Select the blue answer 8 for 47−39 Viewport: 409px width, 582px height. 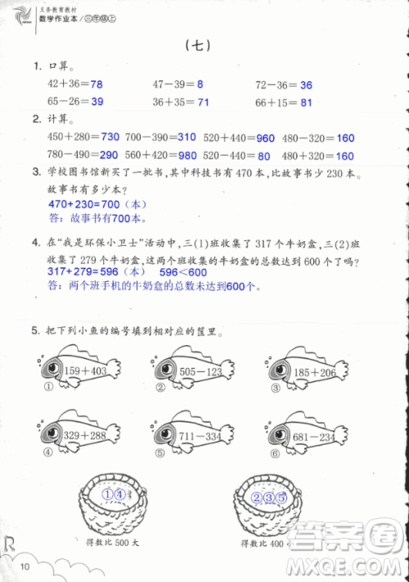pos(200,84)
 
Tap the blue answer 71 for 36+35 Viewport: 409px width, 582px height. pos(204,102)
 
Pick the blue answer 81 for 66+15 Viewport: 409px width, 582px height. pos(306,102)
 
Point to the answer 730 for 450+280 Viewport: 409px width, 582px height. pos(110,137)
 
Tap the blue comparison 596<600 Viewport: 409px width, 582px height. pos(182,271)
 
